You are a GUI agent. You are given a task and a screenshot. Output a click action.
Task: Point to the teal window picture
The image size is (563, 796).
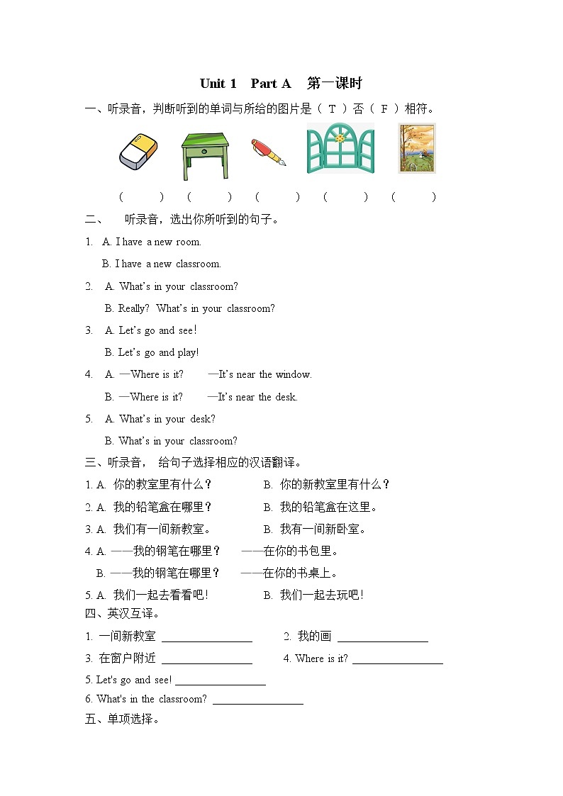pyautogui.click(x=340, y=149)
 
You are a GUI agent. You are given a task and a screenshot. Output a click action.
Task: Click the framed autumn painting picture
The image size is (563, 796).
pyautogui.click(x=417, y=148)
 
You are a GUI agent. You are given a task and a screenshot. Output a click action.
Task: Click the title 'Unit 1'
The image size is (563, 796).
pyautogui.click(x=218, y=84)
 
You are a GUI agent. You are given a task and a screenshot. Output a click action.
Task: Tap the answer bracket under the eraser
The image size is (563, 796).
pyautogui.click(x=141, y=197)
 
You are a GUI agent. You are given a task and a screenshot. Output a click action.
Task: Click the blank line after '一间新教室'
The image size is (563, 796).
pyautogui.click(x=206, y=638)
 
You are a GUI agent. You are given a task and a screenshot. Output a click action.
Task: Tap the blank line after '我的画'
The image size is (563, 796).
pyautogui.click(x=382, y=638)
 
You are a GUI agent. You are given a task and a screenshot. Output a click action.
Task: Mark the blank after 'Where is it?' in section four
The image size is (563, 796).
pyautogui.click(x=397, y=660)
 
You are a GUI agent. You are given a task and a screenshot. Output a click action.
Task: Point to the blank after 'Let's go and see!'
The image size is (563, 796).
pyautogui.click(x=220, y=681)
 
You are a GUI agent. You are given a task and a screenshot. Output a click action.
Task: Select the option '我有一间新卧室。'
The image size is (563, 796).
pyautogui.click(x=323, y=529)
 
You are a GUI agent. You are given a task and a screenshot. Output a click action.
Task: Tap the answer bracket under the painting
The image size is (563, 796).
pyautogui.click(x=413, y=197)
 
